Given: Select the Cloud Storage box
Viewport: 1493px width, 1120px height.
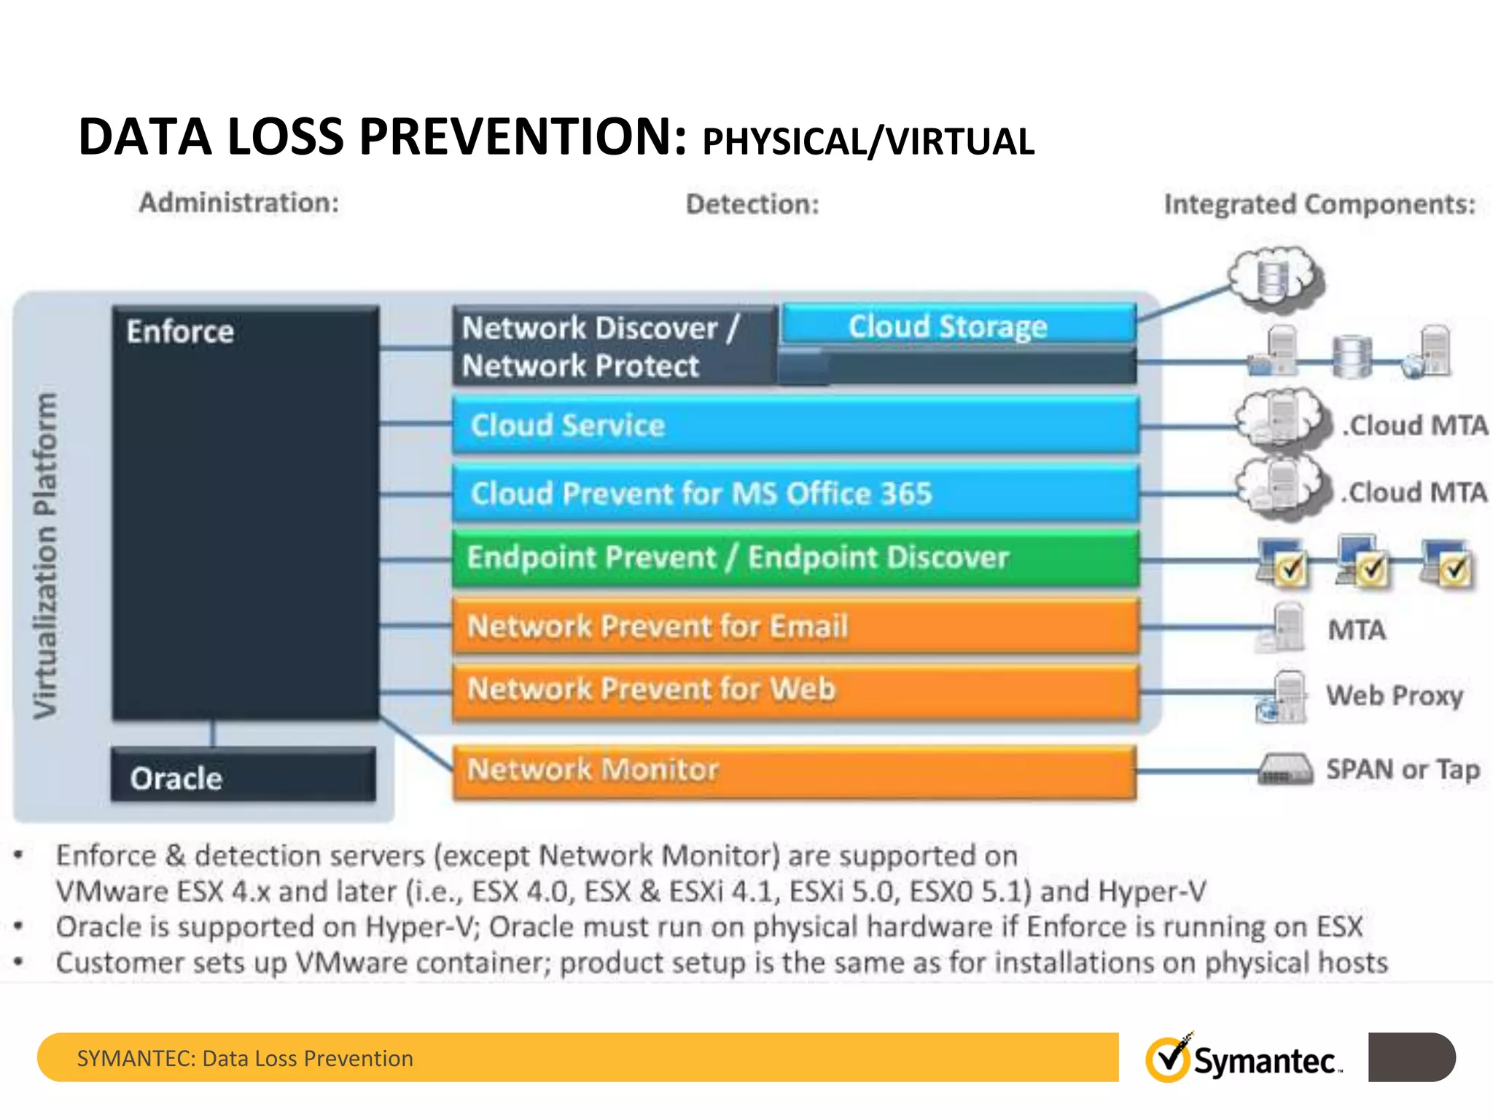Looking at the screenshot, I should point(958,325).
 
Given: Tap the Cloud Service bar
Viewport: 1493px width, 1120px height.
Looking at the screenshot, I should point(795,425).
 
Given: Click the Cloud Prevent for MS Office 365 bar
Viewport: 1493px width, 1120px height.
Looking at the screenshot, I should point(795,494).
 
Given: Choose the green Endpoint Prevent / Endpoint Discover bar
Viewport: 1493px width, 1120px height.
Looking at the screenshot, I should point(795,559).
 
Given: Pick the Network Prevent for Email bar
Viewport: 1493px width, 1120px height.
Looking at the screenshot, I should point(795,626).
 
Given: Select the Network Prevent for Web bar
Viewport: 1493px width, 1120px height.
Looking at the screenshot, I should point(795,690).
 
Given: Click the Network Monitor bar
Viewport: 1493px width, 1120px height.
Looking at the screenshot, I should point(795,770).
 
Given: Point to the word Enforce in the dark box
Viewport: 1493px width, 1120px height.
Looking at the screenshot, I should point(180,332).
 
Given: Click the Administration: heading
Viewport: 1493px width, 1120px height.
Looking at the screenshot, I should point(239,203).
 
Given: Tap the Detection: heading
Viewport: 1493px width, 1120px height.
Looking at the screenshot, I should point(752,204).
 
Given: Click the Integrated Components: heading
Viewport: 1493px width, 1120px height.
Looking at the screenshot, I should point(1319,204).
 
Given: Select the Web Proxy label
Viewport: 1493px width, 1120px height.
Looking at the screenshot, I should point(1394,695).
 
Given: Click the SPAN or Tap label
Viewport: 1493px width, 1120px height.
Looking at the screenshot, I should point(1403,769).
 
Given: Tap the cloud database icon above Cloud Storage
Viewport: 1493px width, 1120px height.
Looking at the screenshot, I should point(1274,278).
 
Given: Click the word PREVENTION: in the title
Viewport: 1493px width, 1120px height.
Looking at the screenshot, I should point(523,137).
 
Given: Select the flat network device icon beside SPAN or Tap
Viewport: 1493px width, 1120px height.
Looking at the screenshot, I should point(1285,769).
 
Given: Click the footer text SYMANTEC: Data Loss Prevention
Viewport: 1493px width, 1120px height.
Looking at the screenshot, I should point(245,1058).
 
